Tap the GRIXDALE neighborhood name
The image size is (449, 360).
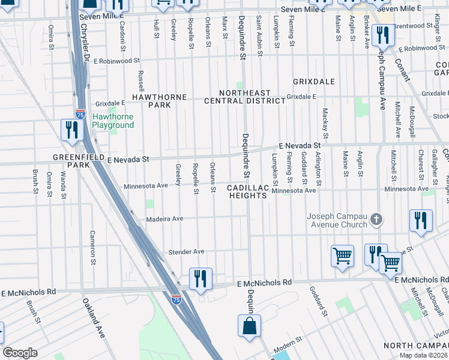pyautogui.click(x=313, y=81)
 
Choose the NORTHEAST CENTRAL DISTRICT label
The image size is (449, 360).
pyautogui.click(x=244, y=97)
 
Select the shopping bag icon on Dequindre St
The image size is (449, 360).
pyautogui.click(x=249, y=327)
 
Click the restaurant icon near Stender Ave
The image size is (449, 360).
pyautogui.click(x=200, y=278)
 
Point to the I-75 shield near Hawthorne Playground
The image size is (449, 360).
pyautogui.click(x=80, y=113)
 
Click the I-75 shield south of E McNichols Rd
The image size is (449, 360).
pyautogui.click(x=176, y=298)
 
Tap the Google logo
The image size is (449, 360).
pyautogui.click(x=20, y=353)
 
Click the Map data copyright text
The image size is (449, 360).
pyautogui.click(x=423, y=355)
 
